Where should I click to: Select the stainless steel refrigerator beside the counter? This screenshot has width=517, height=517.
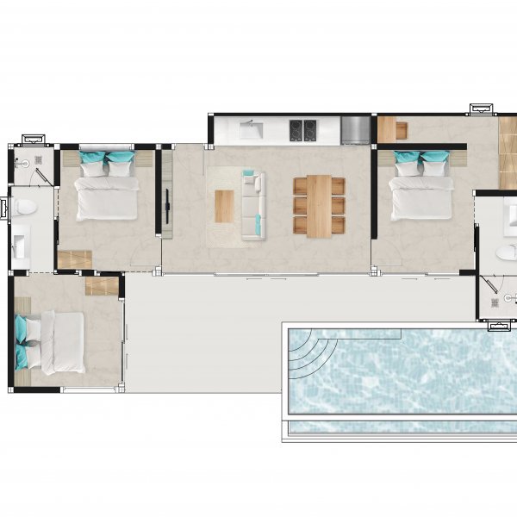click(x=355, y=130)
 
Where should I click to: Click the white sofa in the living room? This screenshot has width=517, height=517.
click(x=252, y=205)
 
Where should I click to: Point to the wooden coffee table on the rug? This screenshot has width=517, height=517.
click(x=224, y=205)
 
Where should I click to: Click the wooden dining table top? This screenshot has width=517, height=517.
click(x=319, y=203)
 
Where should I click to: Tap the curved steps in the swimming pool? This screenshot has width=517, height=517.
click(x=306, y=353)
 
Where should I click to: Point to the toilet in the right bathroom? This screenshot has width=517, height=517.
click(x=507, y=252)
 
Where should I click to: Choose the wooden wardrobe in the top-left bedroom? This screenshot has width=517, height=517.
click(x=75, y=258)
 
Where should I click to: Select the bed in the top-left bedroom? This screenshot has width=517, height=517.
click(x=107, y=190)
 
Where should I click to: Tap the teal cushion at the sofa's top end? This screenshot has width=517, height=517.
click(x=248, y=174)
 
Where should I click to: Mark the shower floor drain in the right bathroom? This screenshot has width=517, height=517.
click(x=495, y=302)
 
